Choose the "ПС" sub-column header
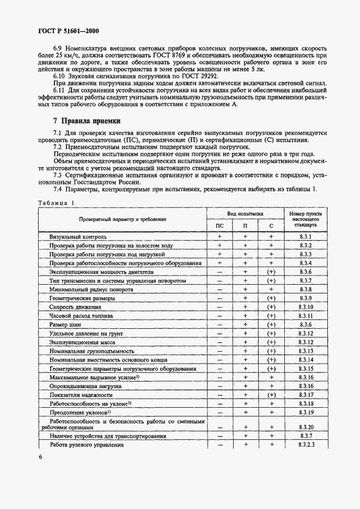click(219, 225)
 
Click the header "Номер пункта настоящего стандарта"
click(305, 219)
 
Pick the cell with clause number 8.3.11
click(305, 316)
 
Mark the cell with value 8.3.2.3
click(305, 445)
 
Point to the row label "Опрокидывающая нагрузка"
click(85, 386)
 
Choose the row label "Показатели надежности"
click(81, 395)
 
